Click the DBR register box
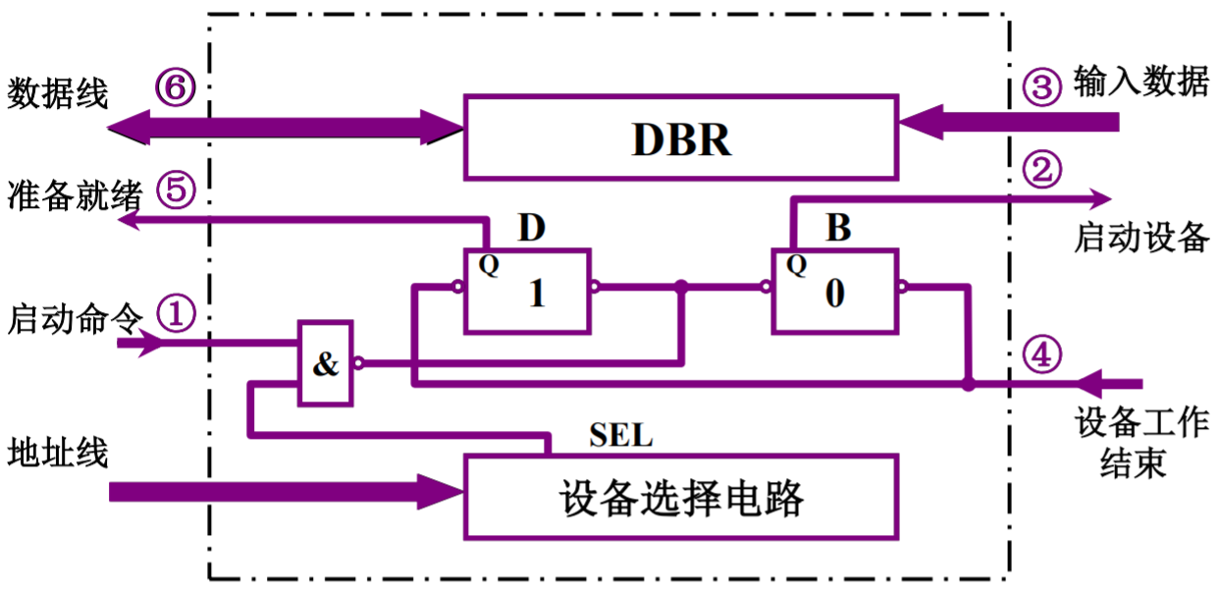680,137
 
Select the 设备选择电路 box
680,497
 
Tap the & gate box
325,364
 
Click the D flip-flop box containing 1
528,290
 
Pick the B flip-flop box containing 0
834,290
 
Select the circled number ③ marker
1041,86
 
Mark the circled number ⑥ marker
176,88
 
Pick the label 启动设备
1140,238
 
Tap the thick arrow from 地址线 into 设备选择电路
285,490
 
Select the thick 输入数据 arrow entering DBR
1011,123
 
